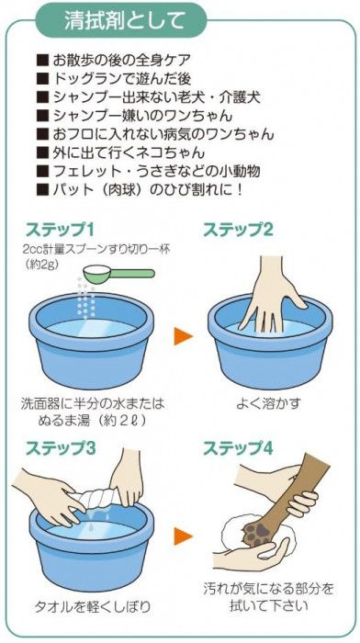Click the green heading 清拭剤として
125,20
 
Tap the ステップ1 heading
61,230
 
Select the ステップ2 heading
238,230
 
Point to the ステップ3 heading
61,448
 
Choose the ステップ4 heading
238,448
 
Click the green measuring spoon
118,273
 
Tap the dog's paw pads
256,533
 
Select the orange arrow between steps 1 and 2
183,336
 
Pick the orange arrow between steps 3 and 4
183,536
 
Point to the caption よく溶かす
268,403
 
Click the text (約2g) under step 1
42,265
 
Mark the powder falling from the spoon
85,299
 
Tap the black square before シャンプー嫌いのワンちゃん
42,116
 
